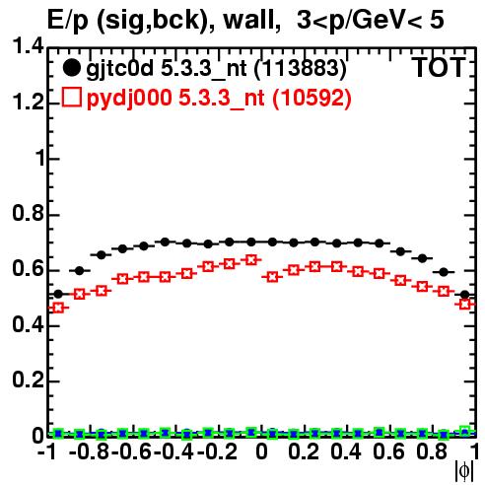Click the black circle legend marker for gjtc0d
71,68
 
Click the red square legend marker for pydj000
71,98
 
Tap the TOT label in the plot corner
439,67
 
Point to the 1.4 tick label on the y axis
28,46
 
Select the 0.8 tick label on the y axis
28,213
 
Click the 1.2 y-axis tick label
28,102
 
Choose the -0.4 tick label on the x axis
174,452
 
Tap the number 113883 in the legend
301,68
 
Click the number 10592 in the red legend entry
312,99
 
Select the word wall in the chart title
249,21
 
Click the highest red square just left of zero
251,260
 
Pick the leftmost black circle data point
58,294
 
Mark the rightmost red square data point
464,305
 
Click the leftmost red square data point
58,308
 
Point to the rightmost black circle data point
464,295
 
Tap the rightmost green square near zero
464,431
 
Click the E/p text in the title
68,21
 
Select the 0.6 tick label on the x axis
388,452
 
